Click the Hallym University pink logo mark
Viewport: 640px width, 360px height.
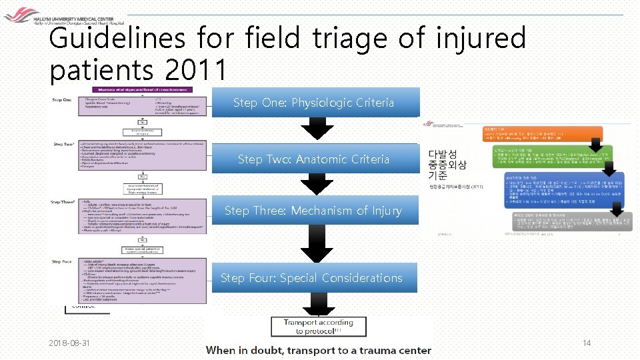click(x=17, y=13)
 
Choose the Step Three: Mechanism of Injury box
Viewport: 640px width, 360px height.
click(x=314, y=211)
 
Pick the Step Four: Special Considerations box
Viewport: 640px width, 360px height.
click(x=311, y=277)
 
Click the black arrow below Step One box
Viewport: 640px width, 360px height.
click(x=316, y=130)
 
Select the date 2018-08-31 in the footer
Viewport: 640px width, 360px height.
click(x=71, y=343)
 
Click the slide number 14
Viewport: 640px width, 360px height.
click(x=587, y=343)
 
